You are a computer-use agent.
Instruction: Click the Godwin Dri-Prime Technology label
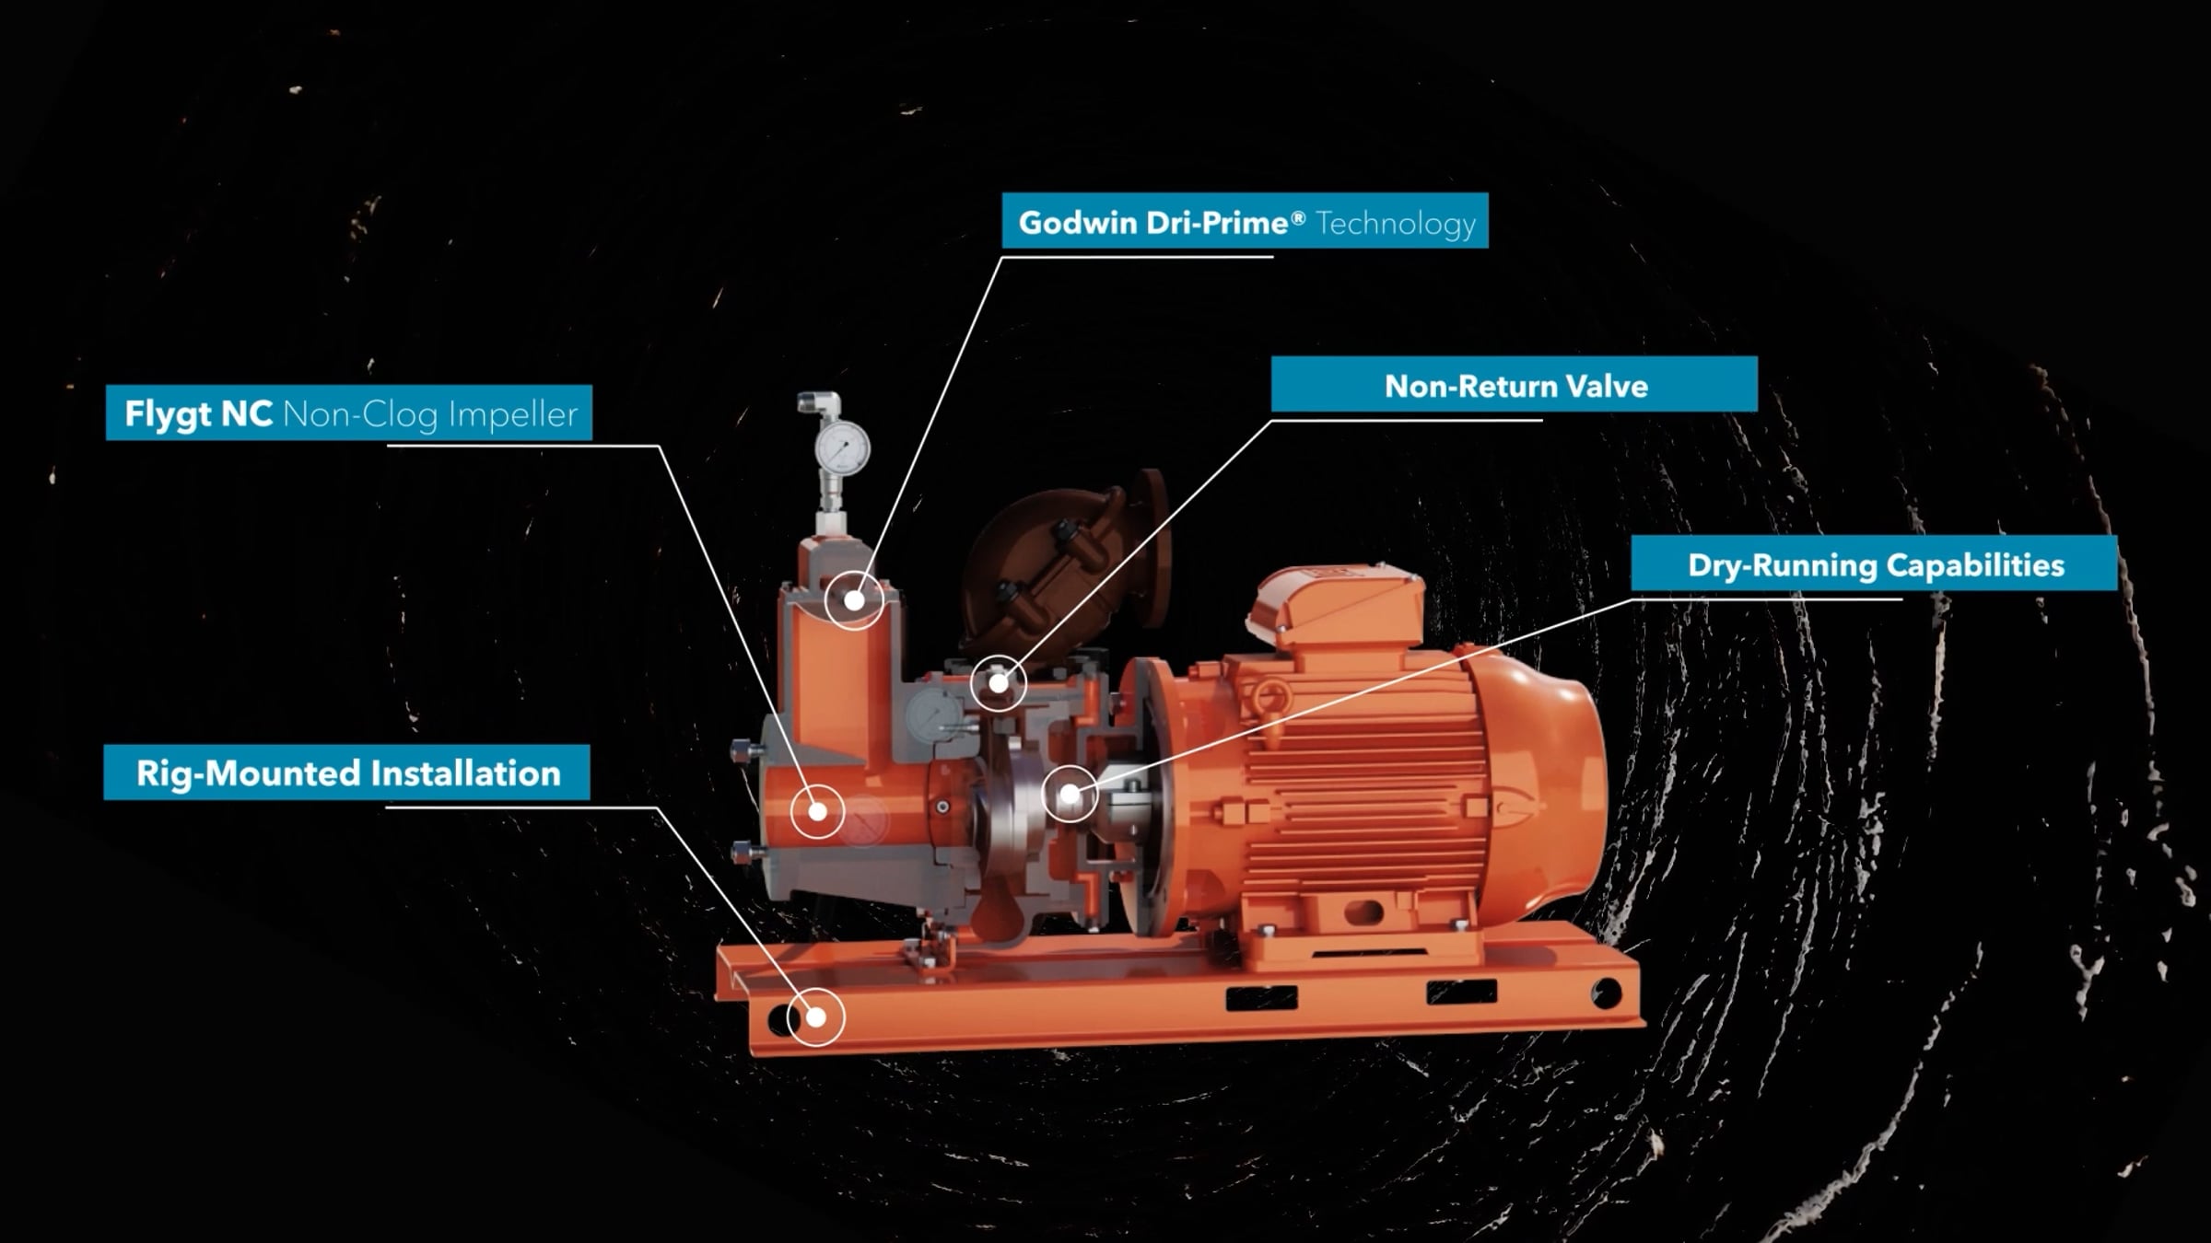(x=1245, y=221)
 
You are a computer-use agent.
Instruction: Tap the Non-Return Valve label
(x=1515, y=385)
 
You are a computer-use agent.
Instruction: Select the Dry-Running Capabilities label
(x=1874, y=564)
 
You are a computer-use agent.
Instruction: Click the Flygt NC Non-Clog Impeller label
(x=349, y=413)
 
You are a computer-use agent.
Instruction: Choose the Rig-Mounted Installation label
(x=347, y=773)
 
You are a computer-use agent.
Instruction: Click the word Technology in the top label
(x=1395, y=223)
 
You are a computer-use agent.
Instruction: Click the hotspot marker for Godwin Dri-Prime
(x=854, y=600)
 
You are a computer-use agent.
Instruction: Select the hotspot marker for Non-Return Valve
(x=999, y=683)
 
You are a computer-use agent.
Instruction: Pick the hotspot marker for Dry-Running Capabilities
(x=1070, y=793)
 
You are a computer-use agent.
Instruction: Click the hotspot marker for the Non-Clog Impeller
(x=817, y=811)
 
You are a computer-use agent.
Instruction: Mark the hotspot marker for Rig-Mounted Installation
(x=816, y=1016)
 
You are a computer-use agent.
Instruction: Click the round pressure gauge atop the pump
(x=842, y=449)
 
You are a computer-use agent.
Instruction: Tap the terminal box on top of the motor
(x=1336, y=603)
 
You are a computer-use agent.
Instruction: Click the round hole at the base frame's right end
(x=1606, y=993)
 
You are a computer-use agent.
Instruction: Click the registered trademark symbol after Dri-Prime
(x=1298, y=217)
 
